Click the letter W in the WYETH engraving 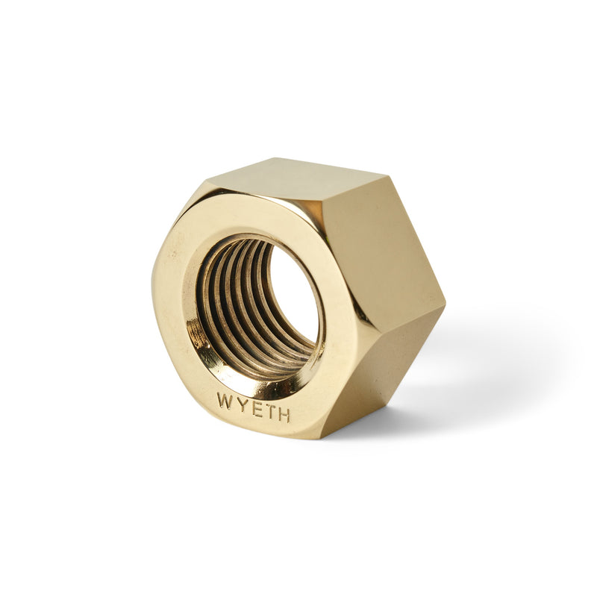[x=225, y=400]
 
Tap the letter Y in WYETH [x=240, y=404]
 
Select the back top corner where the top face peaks [x=387, y=175]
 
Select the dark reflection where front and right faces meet [x=351, y=328]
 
